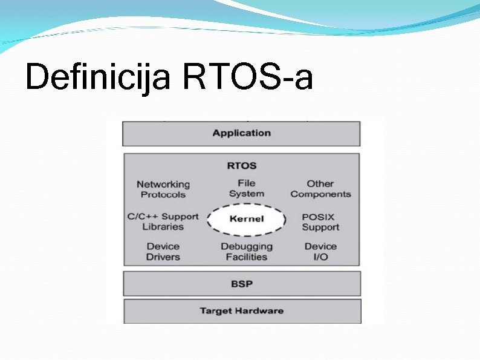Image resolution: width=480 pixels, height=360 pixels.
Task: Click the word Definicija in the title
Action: pos(97,78)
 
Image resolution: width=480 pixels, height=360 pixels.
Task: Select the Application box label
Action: pos(241,133)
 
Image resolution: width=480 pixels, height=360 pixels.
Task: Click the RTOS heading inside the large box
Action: pos(241,165)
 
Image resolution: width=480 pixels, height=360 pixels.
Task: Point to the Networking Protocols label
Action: pos(163,189)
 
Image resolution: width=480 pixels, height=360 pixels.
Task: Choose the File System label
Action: pos(246,188)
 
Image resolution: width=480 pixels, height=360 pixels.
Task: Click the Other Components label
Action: pos(320,189)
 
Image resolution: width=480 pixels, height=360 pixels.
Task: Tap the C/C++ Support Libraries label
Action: pos(163,221)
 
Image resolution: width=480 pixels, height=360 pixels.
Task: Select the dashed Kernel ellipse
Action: pos(246,218)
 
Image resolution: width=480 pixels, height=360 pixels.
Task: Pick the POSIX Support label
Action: pos(320,222)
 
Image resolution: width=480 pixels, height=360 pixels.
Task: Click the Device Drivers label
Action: pos(163,252)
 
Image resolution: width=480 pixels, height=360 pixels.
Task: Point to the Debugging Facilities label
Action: pos(246,252)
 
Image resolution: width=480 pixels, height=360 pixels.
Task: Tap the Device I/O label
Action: pos(320,252)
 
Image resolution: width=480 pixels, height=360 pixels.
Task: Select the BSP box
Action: pos(241,283)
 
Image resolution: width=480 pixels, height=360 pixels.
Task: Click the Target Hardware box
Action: pos(241,311)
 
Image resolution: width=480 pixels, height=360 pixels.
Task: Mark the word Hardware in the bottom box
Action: pos(259,311)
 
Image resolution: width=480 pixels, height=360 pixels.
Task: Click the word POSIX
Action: pos(318,217)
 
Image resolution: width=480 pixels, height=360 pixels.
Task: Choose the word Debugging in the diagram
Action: pos(246,246)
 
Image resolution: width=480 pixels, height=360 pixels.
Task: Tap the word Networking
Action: pos(163,184)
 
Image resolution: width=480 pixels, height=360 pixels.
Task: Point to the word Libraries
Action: pos(163,227)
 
